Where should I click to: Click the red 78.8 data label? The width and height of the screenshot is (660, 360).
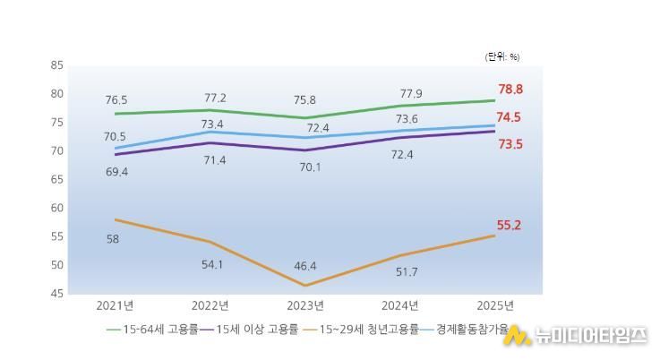510,90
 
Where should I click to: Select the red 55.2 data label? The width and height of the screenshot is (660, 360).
510,225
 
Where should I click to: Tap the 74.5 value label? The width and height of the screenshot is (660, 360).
510,117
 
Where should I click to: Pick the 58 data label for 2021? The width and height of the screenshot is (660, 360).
113,239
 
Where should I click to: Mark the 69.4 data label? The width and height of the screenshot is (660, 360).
116,171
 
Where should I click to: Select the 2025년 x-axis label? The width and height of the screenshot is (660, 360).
495,305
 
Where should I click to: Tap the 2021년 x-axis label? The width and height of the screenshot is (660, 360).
116,305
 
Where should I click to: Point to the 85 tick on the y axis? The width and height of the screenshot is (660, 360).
57,65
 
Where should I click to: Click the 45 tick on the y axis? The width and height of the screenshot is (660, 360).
57,294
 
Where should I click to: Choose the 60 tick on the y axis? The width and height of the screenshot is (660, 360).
57,208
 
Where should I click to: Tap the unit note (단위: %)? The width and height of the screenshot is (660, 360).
501,56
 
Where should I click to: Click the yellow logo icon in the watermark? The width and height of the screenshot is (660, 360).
517,337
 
